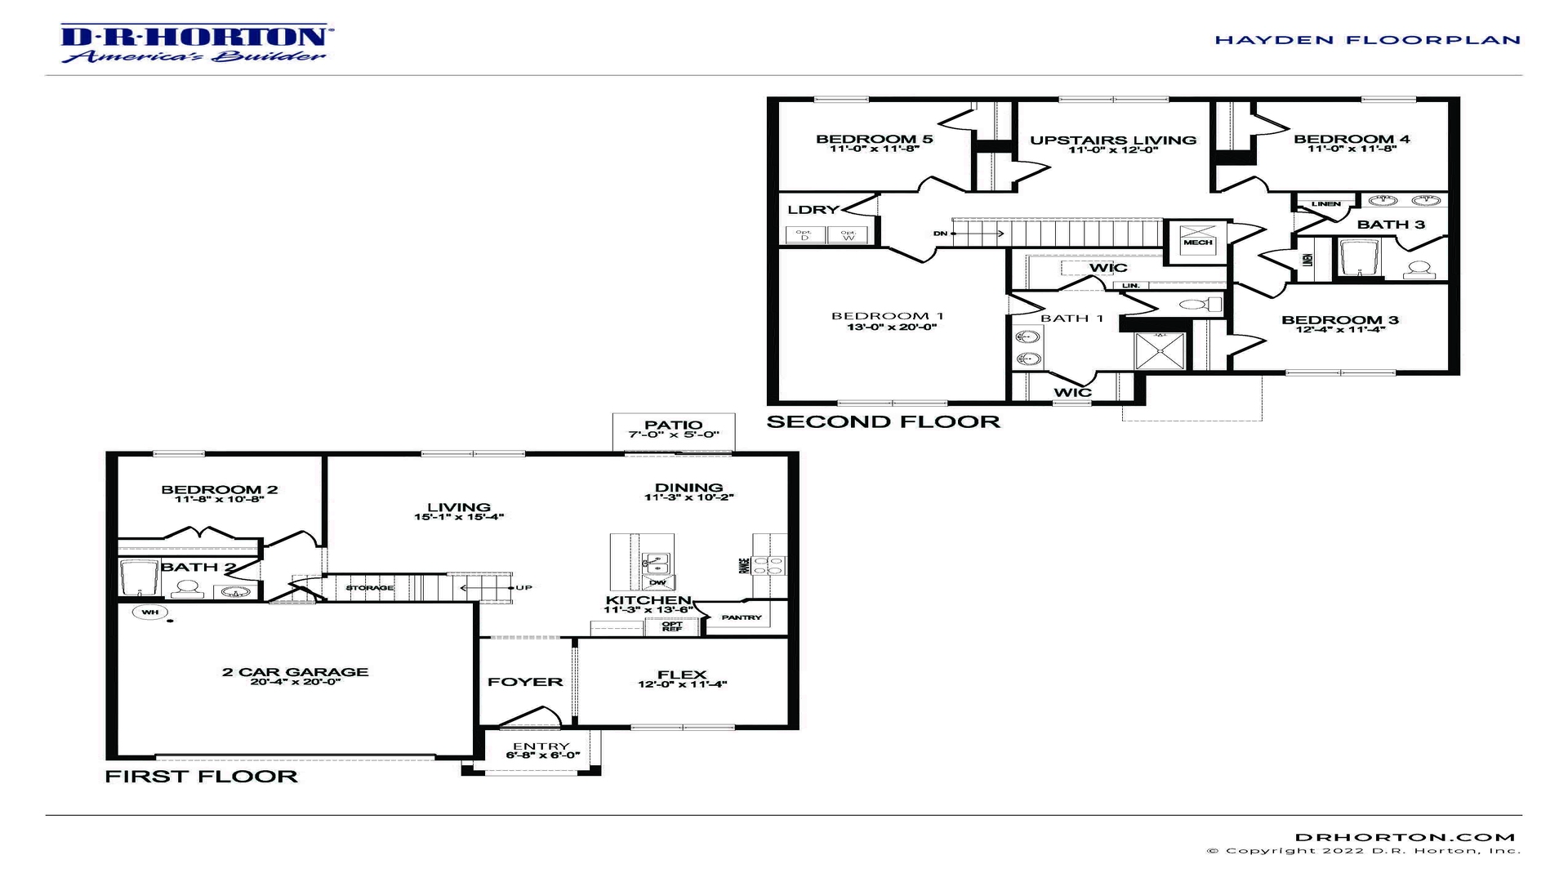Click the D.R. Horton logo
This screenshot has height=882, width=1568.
[194, 42]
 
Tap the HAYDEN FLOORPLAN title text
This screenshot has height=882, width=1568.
[1367, 39]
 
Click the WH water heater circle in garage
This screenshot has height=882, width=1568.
[150, 612]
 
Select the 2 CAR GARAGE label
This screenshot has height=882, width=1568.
[295, 672]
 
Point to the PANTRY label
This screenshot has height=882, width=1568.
[742, 617]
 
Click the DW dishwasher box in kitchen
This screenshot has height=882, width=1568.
[657, 582]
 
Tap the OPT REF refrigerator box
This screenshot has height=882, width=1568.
[671, 626]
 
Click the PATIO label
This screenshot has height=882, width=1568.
[673, 425]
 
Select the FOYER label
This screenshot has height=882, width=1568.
[525, 682]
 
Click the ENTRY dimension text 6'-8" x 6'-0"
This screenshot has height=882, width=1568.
[541, 755]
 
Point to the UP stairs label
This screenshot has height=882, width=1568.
[523, 587]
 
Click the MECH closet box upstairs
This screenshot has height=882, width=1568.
[1197, 242]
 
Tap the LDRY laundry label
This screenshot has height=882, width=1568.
[812, 210]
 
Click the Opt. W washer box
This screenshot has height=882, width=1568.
[849, 235]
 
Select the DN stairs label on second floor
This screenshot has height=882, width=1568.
[940, 234]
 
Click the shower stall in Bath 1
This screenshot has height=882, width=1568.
[1160, 351]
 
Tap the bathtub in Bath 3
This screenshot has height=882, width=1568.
[1358, 258]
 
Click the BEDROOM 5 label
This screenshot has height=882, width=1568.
[874, 139]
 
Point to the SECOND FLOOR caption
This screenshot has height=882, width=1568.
[883, 421]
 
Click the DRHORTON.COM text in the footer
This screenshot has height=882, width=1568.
[1405, 837]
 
